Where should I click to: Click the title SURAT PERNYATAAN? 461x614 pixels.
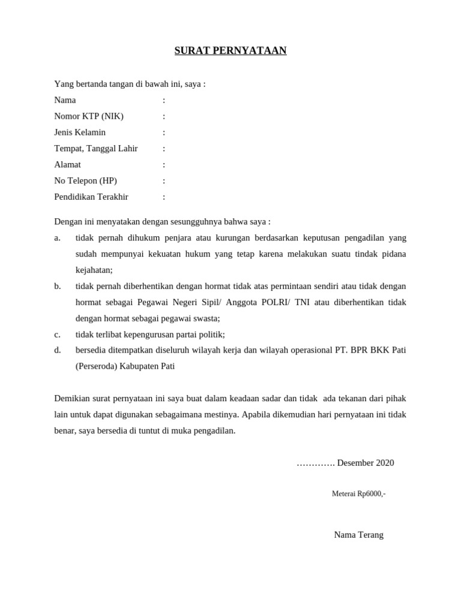pyautogui.click(x=230, y=51)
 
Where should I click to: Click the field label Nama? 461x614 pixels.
pyautogui.click(x=65, y=100)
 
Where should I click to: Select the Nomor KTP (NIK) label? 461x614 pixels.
pyautogui.click(x=89, y=116)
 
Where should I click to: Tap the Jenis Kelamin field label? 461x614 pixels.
pyautogui.click(x=80, y=133)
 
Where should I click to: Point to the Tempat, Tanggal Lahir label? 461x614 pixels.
pyautogui.click(x=96, y=149)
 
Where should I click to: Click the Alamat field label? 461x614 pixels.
pyautogui.click(x=67, y=165)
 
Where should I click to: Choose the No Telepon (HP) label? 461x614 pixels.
pyautogui.click(x=85, y=181)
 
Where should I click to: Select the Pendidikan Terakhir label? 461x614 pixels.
pyautogui.click(x=91, y=197)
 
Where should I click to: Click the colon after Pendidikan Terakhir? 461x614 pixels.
pyautogui.click(x=164, y=197)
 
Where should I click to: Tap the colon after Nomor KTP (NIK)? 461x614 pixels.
pyautogui.click(x=164, y=116)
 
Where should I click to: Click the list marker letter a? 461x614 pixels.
pyautogui.click(x=57, y=238)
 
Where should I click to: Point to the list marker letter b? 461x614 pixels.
pyautogui.click(x=58, y=287)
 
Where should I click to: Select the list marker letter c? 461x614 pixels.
pyautogui.click(x=57, y=335)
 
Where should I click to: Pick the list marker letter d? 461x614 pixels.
pyautogui.click(x=58, y=350)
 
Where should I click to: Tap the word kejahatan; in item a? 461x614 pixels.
pyautogui.click(x=94, y=270)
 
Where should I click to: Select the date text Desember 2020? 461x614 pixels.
pyautogui.click(x=366, y=463)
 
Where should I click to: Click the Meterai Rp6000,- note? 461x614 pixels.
pyautogui.click(x=358, y=494)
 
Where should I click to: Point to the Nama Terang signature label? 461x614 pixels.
pyautogui.click(x=358, y=535)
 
